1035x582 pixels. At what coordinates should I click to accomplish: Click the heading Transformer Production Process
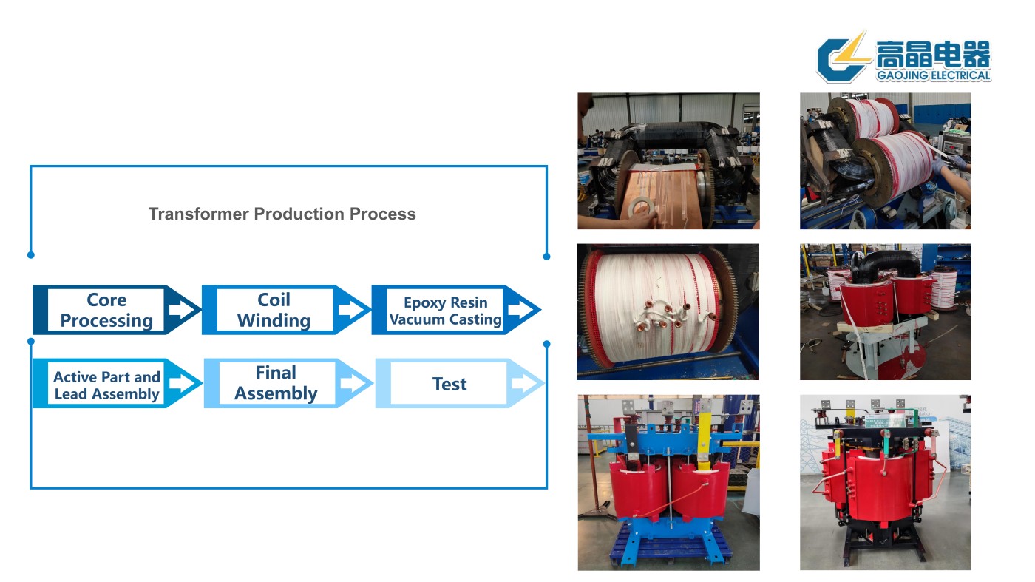pos(282,214)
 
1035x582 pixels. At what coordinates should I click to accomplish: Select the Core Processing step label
pos(106,310)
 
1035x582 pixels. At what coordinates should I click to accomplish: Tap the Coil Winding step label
pos(274,310)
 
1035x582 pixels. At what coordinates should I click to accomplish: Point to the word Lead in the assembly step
pos(70,394)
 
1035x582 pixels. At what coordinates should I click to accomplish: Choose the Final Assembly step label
pos(276,383)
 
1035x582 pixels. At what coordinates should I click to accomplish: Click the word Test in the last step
pos(449,384)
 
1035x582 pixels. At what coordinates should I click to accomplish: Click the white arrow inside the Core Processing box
pos(180,309)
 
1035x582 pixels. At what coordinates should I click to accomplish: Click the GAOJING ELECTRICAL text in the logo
pos(933,75)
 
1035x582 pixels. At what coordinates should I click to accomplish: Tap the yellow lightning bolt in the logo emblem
pos(856,50)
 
